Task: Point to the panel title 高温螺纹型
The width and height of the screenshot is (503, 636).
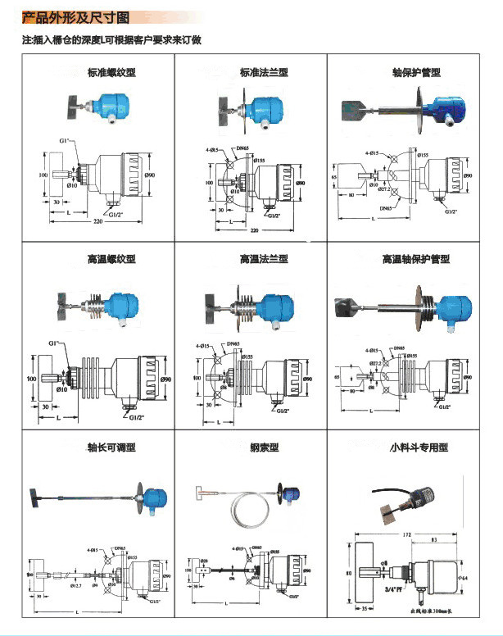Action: [111, 259]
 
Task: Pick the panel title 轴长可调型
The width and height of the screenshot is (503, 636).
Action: [111, 447]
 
